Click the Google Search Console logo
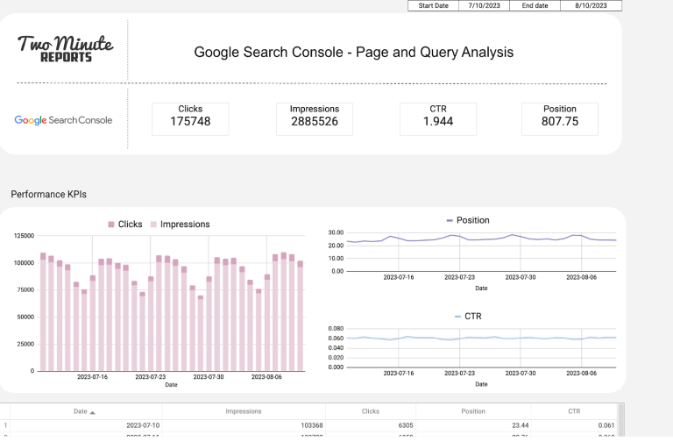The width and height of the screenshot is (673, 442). [63, 120]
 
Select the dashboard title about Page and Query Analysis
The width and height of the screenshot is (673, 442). [353, 52]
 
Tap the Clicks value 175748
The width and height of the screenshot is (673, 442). [190, 122]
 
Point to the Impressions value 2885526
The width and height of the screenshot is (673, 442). [314, 122]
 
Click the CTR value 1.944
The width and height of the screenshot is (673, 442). [437, 122]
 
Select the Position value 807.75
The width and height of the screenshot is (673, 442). [560, 122]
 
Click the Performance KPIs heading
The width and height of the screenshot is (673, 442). [49, 194]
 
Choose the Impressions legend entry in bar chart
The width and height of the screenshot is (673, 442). [180, 225]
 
